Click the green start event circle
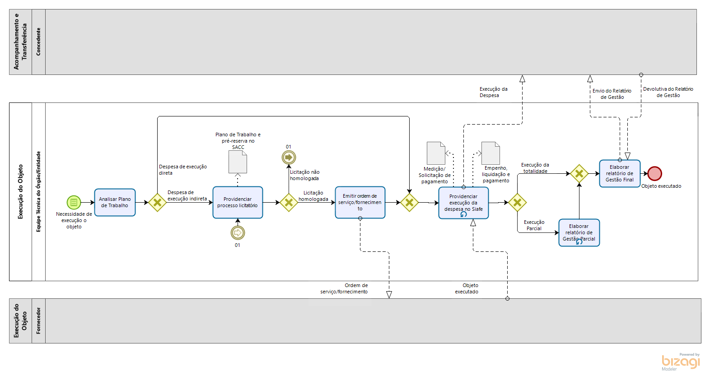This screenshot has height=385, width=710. (x=74, y=202)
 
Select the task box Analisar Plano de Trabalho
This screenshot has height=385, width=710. (x=115, y=202)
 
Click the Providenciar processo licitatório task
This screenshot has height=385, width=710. (x=238, y=202)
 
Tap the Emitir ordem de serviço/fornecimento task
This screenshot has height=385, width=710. (x=360, y=202)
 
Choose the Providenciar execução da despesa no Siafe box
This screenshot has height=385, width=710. (x=463, y=203)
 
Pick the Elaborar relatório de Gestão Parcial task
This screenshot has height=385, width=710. (x=579, y=232)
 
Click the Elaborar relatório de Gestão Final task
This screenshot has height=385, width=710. (x=620, y=173)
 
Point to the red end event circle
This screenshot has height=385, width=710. (x=654, y=173)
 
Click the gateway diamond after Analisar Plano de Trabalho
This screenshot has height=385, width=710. (x=157, y=203)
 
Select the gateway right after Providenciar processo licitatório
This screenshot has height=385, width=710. (x=289, y=203)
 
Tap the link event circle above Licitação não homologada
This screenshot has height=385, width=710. (x=289, y=157)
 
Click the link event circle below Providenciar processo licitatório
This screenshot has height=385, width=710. (x=238, y=232)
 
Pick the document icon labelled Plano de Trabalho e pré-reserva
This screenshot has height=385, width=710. (x=238, y=162)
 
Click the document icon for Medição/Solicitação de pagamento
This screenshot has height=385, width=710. (x=436, y=153)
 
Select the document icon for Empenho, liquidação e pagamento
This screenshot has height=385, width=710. (x=490, y=153)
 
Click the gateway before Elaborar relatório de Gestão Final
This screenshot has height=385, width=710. (x=579, y=173)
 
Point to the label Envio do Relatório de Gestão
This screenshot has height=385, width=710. (x=612, y=94)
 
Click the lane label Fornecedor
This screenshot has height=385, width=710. (x=38, y=320)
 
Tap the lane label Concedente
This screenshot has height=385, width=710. (x=38, y=42)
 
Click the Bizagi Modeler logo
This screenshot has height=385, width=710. (x=681, y=362)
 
